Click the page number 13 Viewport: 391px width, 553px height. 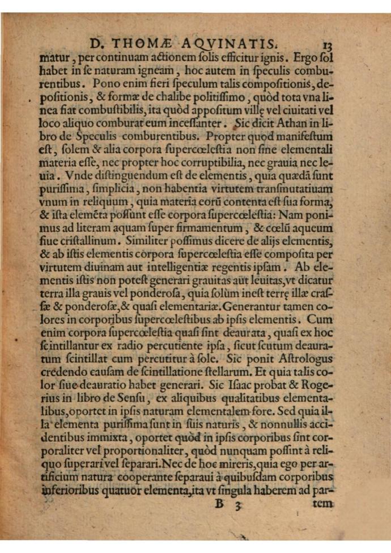(331, 44)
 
